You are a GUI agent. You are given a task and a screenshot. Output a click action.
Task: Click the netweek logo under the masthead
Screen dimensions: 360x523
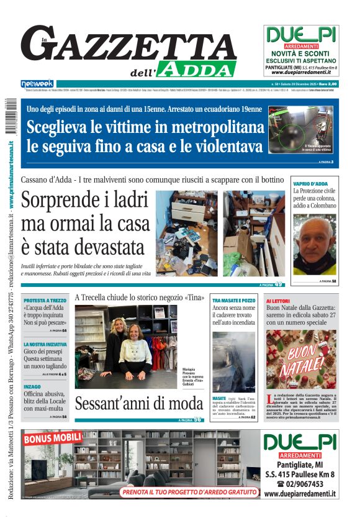37,83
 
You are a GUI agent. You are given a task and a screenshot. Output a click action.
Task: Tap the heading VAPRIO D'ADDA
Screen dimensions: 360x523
310,184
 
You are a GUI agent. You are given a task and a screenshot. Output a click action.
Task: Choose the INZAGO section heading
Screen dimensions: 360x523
32,386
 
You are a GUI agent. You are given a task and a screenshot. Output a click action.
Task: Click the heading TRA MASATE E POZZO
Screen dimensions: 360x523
234,300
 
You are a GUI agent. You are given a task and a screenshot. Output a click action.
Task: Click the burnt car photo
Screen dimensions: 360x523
233,362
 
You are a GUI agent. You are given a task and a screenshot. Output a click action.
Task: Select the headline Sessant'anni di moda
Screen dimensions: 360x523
138,403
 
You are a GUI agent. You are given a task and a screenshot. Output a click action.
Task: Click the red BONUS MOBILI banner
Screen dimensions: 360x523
47,439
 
